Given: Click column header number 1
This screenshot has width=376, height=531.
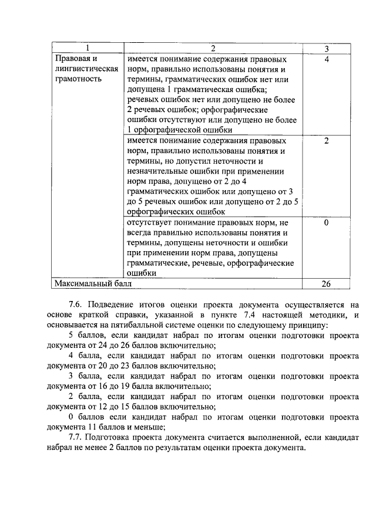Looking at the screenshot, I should [87, 48].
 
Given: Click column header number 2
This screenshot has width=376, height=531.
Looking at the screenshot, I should [213, 48].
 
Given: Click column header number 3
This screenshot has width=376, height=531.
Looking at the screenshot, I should [326, 48].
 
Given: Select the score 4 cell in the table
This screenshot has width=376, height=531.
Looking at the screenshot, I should [326, 59].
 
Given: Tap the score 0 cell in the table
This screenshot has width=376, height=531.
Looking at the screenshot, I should [326, 224].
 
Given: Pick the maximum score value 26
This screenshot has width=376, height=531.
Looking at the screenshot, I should [326, 283].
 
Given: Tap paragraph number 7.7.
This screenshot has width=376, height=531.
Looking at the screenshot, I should [76, 438].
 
